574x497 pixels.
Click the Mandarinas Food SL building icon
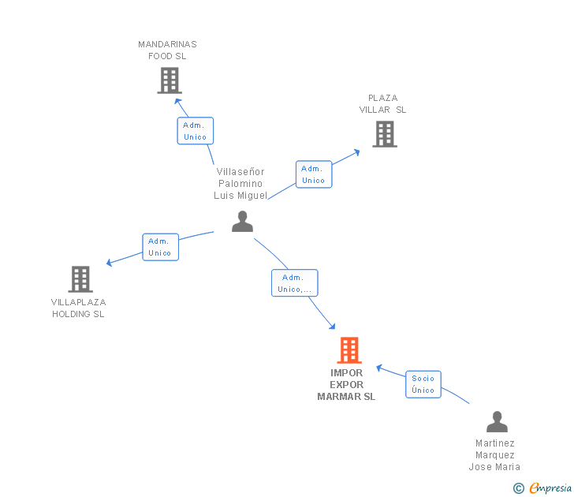point(170,80)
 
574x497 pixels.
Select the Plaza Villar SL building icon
point(385,134)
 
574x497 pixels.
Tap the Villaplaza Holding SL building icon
point(80,279)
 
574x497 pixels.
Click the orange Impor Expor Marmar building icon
point(348,349)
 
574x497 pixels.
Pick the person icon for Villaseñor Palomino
point(242,222)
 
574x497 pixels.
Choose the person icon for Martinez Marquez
point(497,422)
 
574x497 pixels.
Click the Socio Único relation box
point(423,384)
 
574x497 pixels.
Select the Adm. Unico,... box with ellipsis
point(295,283)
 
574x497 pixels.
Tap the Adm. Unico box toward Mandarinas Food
point(195,131)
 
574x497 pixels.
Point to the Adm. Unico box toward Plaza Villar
point(313,174)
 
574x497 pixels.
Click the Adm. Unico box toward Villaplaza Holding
point(160,247)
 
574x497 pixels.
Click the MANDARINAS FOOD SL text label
point(167,50)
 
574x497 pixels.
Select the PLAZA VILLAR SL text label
point(383,104)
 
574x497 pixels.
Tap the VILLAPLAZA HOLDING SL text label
point(78,308)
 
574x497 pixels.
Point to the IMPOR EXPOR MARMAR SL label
point(346,385)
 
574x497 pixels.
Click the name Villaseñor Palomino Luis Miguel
point(240,184)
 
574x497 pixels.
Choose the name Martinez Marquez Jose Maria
point(494,455)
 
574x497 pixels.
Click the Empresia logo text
point(550,488)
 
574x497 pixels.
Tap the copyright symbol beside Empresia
point(518,488)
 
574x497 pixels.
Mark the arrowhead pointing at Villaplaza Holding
point(110,263)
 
